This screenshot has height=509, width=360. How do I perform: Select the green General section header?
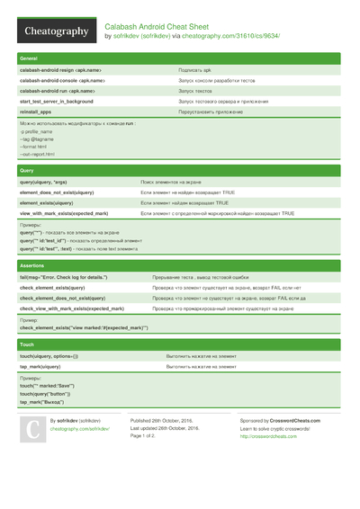(x=180, y=58)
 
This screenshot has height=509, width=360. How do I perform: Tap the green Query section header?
(x=180, y=170)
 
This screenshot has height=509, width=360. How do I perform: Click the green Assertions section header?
(x=180, y=266)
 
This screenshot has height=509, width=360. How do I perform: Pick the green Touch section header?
(x=180, y=344)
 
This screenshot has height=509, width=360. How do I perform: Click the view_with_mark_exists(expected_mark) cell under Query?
(x=64, y=213)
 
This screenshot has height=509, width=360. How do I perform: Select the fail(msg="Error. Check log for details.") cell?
(x=76, y=278)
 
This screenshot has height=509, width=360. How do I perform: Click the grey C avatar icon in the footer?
(x=31, y=431)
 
